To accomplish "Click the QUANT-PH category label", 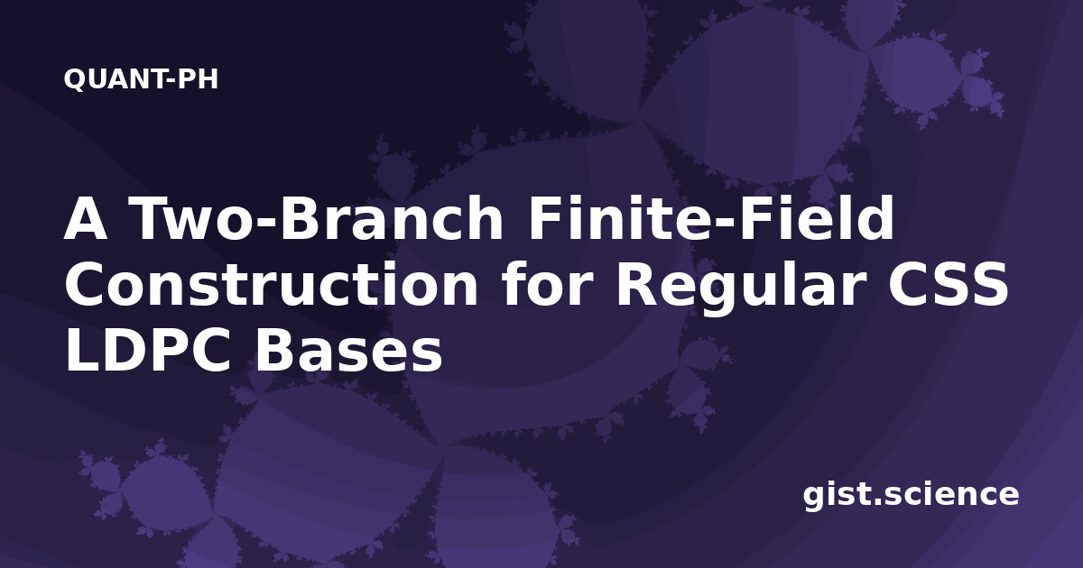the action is pos(141,79).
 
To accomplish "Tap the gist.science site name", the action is pos(911,496).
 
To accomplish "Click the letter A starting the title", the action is pos(86,218).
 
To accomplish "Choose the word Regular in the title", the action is pos(740,289).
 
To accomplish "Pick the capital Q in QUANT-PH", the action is pos(74,79).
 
